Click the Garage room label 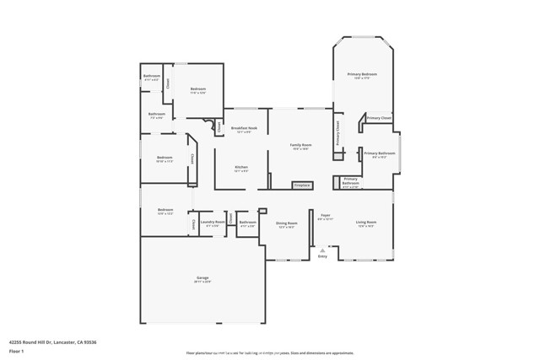coord(202,277)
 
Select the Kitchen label coord(241,168)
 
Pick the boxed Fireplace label coord(302,185)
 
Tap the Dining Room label coord(287,223)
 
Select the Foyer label coord(325,216)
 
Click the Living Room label coord(366,223)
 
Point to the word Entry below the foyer coord(322,256)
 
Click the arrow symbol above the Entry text coord(322,250)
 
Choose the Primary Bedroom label coord(362,75)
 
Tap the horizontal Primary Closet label coord(379,118)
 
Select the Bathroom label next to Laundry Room coord(247,223)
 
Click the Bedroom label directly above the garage coord(165,210)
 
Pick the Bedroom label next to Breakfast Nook coord(198,89)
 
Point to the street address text coord(53,341)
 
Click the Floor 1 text coord(16,352)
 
